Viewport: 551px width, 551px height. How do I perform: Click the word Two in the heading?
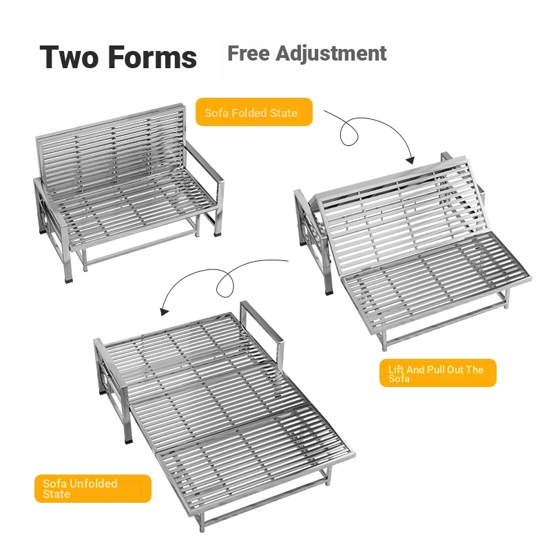pos(69,57)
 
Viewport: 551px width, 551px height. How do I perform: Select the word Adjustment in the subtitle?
pos(331,54)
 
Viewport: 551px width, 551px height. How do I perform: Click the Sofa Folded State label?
pos(253,112)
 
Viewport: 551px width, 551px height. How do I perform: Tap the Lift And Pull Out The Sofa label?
pos(438,373)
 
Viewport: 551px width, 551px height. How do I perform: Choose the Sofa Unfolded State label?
pos(93,488)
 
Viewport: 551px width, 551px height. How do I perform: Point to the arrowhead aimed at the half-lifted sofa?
pos(410,160)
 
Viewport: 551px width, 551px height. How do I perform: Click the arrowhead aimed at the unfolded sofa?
pos(164,311)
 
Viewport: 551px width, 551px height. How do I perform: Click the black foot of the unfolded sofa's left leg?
pos(129,439)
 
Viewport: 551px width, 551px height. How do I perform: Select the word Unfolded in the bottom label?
pos(94,484)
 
